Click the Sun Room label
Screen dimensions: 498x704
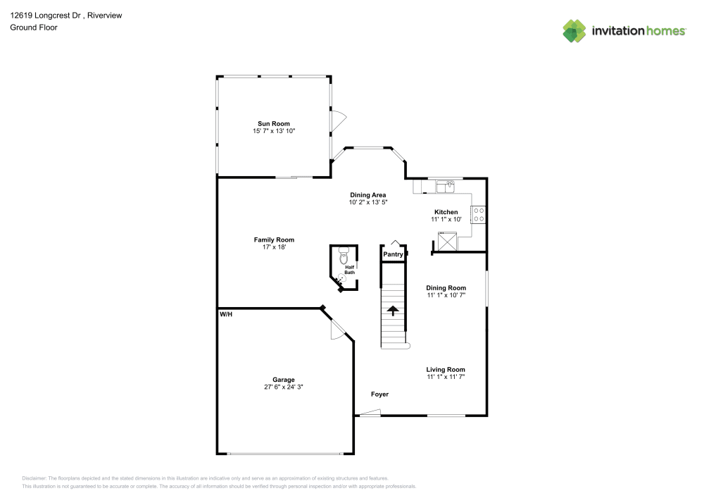[273, 124]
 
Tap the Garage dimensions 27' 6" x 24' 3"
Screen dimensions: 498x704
[284, 387]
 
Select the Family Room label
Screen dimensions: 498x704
[274, 239]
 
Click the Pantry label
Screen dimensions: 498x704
[393, 254]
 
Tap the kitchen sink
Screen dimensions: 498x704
[446, 187]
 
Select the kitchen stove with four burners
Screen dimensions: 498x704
[479, 214]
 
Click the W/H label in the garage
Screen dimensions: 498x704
[225, 314]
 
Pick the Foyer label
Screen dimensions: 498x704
[379, 394]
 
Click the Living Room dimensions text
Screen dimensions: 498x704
[445, 378]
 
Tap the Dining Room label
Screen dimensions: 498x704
[446, 287]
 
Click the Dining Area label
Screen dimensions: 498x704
[367, 194]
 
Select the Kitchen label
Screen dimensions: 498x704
[446, 212]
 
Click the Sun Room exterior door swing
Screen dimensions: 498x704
[338, 120]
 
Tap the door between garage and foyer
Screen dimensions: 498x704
[338, 329]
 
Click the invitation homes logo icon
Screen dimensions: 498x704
[574, 30]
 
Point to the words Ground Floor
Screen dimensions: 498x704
[34, 27]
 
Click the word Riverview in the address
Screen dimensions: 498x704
[106, 13]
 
